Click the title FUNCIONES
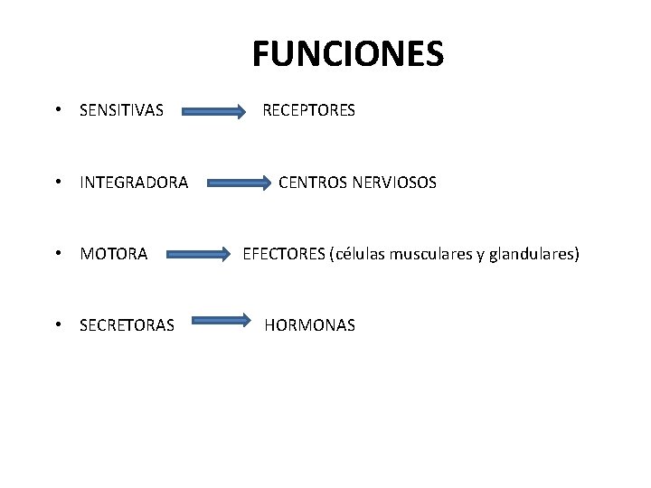(348, 54)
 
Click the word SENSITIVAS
(121, 111)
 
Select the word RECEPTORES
(308, 110)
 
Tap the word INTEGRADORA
(134, 183)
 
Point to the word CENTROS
(311, 183)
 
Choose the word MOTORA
(113, 255)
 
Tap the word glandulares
(532, 255)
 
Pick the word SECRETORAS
(127, 325)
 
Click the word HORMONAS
(309, 324)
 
